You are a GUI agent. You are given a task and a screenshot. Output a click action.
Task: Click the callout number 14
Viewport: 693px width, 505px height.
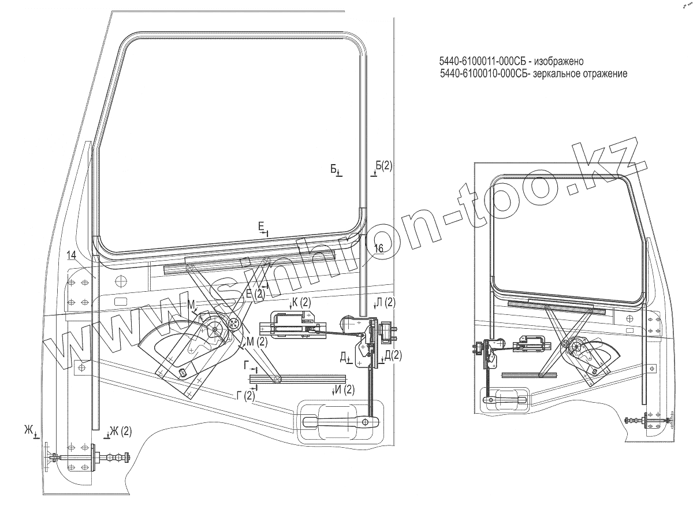pyautogui.click(x=71, y=255)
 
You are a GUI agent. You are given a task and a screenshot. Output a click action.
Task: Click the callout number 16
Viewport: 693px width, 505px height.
pyautogui.click(x=378, y=248)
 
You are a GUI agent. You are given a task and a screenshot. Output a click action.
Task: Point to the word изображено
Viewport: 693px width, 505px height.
pyautogui.click(x=560, y=61)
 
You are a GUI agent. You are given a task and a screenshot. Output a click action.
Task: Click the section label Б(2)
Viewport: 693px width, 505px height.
pyautogui.click(x=384, y=166)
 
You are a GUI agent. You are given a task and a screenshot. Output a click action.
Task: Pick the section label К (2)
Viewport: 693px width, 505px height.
pyautogui.click(x=301, y=302)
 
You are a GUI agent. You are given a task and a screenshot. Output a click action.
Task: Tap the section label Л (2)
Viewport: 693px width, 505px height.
pyautogui.click(x=386, y=302)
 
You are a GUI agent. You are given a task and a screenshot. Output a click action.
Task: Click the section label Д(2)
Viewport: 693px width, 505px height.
pyautogui.click(x=393, y=355)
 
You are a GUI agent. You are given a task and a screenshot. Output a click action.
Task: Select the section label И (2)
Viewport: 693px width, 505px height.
pyautogui.click(x=345, y=389)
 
